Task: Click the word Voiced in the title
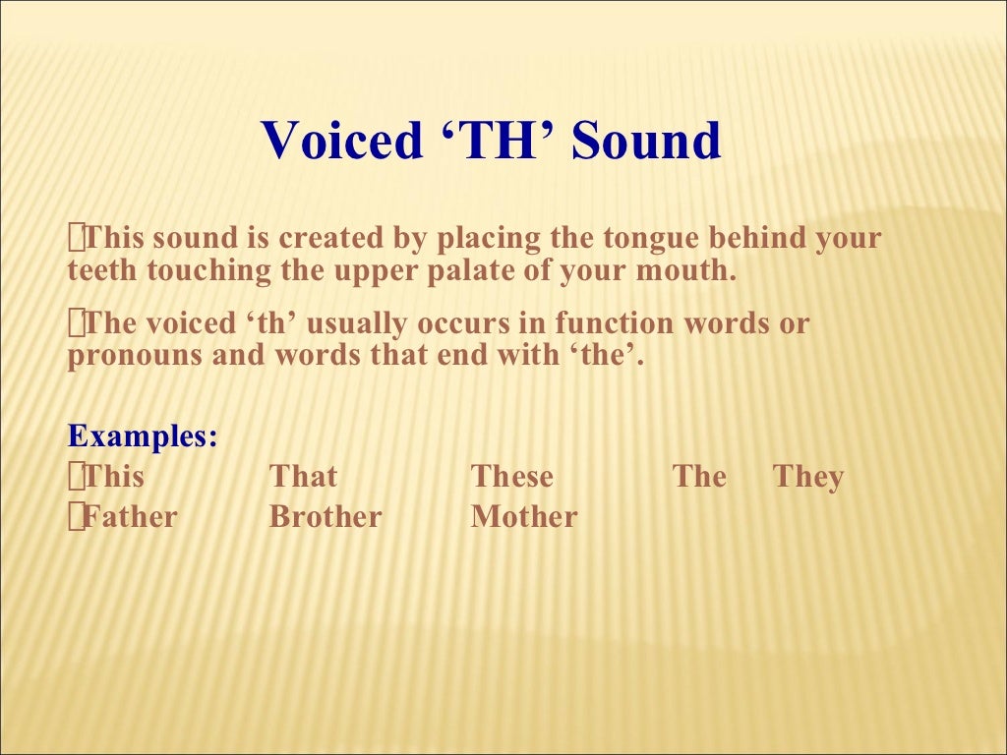click(x=340, y=141)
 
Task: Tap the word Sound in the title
click(x=647, y=141)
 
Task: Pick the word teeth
click(x=103, y=271)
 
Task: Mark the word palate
click(x=471, y=271)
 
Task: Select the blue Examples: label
click(x=143, y=436)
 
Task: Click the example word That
click(x=303, y=478)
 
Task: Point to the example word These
click(x=512, y=478)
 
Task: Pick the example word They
click(x=808, y=478)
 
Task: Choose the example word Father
click(x=130, y=517)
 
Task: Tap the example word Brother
click(x=326, y=517)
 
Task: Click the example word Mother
click(x=524, y=517)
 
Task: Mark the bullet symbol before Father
click(x=76, y=517)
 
